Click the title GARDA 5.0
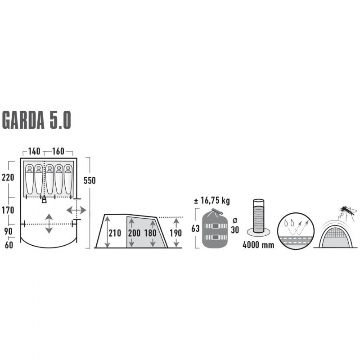tap(36, 120)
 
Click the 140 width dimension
tap(34, 151)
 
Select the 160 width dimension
tap(58, 151)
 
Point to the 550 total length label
tap(90, 180)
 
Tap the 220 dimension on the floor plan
tap(8, 177)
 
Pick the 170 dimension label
tap(8, 210)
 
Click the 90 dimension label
tap(8, 231)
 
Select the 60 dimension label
tap(9, 245)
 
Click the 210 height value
tap(115, 233)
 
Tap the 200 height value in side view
tap(134, 233)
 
